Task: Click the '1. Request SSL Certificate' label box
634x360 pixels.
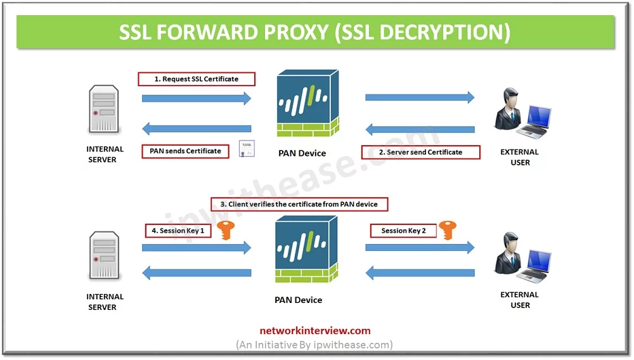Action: (x=197, y=79)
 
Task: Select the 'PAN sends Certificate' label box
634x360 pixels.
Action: (x=185, y=151)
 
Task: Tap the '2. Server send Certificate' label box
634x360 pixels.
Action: (x=420, y=152)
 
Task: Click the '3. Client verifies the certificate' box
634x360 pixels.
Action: (x=299, y=205)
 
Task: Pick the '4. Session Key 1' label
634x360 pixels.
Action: (x=178, y=231)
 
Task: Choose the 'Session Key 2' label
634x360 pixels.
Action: (x=403, y=231)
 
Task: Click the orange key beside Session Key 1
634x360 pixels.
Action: (x=226, y=230)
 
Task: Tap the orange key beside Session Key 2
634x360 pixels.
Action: (x=448, y=230)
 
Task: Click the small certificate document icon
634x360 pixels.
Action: (x=247, y=149)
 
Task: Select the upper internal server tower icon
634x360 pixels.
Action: (x=103, y=109)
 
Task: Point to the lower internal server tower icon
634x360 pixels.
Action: (x=104, y=256)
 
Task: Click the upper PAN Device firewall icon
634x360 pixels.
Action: (x=307, y=103)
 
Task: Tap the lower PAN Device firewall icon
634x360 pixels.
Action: (x=306, y=249)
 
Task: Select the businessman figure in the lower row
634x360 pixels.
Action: (x=508, y=254)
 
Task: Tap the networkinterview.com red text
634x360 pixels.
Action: (x=315, y=331)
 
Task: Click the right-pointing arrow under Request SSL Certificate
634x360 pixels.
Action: (x=197, y=98)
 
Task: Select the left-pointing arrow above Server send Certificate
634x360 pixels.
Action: (x=420, y=130)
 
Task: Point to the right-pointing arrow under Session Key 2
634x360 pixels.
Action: (x=420, y=248)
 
